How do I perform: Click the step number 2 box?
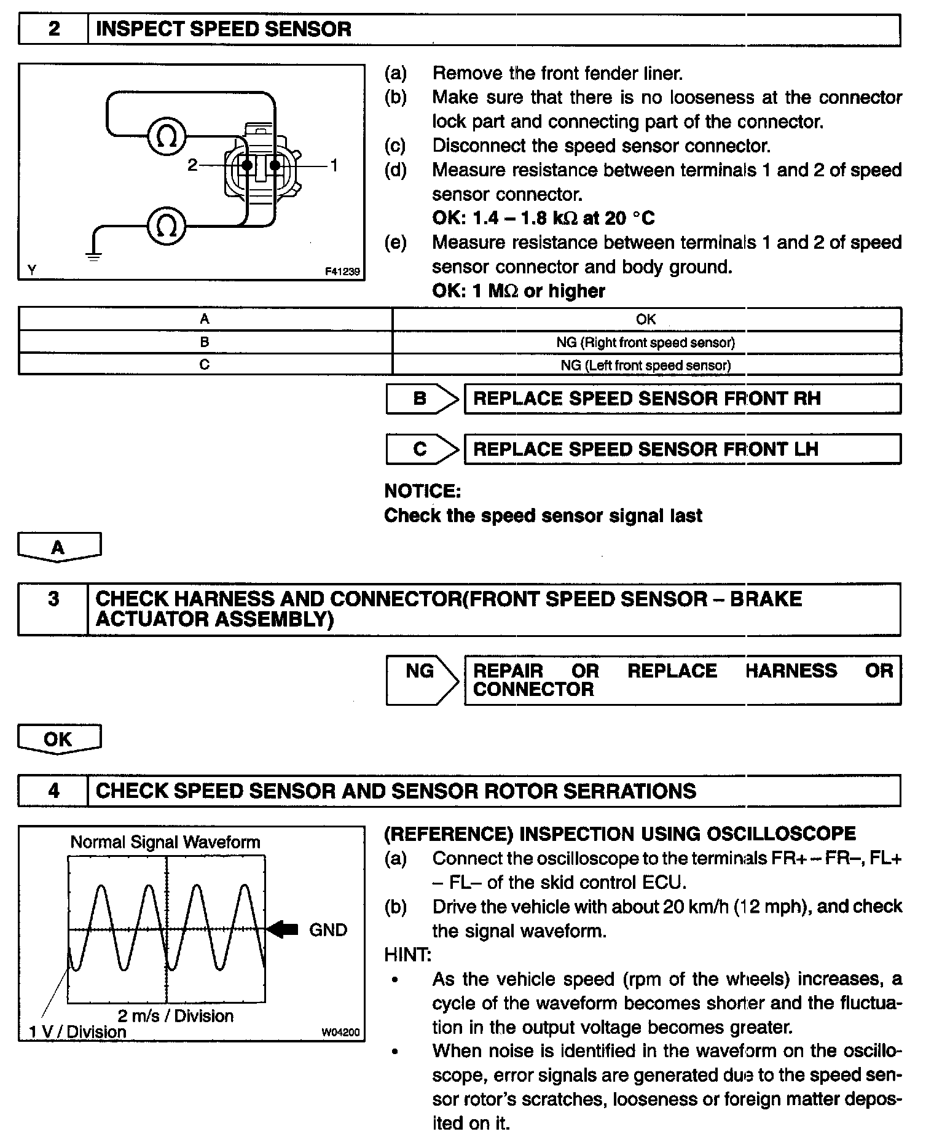pos(54,29)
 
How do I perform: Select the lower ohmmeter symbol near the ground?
pos(167,226)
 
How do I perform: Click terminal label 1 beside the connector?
pos(334,165)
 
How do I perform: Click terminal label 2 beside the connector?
pos(193,165)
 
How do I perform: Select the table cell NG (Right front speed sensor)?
pos(646,342)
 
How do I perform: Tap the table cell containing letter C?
pos(205,364)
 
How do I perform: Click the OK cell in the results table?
pos(646,319)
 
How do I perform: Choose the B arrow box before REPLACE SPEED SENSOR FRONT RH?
pos(422,399)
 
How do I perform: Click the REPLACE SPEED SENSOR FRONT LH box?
pos(682,449)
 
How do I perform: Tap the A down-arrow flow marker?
pos(59,546)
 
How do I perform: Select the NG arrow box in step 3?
pos(422,679)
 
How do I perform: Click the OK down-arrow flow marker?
pos(59,739)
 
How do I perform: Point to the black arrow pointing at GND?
pos(283,929)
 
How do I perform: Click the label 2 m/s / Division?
pos(176,1015)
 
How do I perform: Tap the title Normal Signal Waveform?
pos(165,842)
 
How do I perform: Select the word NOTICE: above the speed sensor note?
pos(422,491)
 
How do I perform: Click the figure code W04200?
pos(340,1032)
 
